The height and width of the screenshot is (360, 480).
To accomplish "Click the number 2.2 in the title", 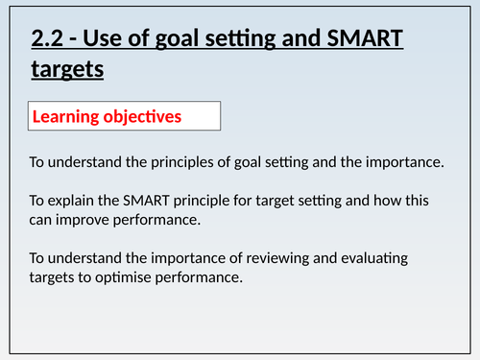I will point(48,41).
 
